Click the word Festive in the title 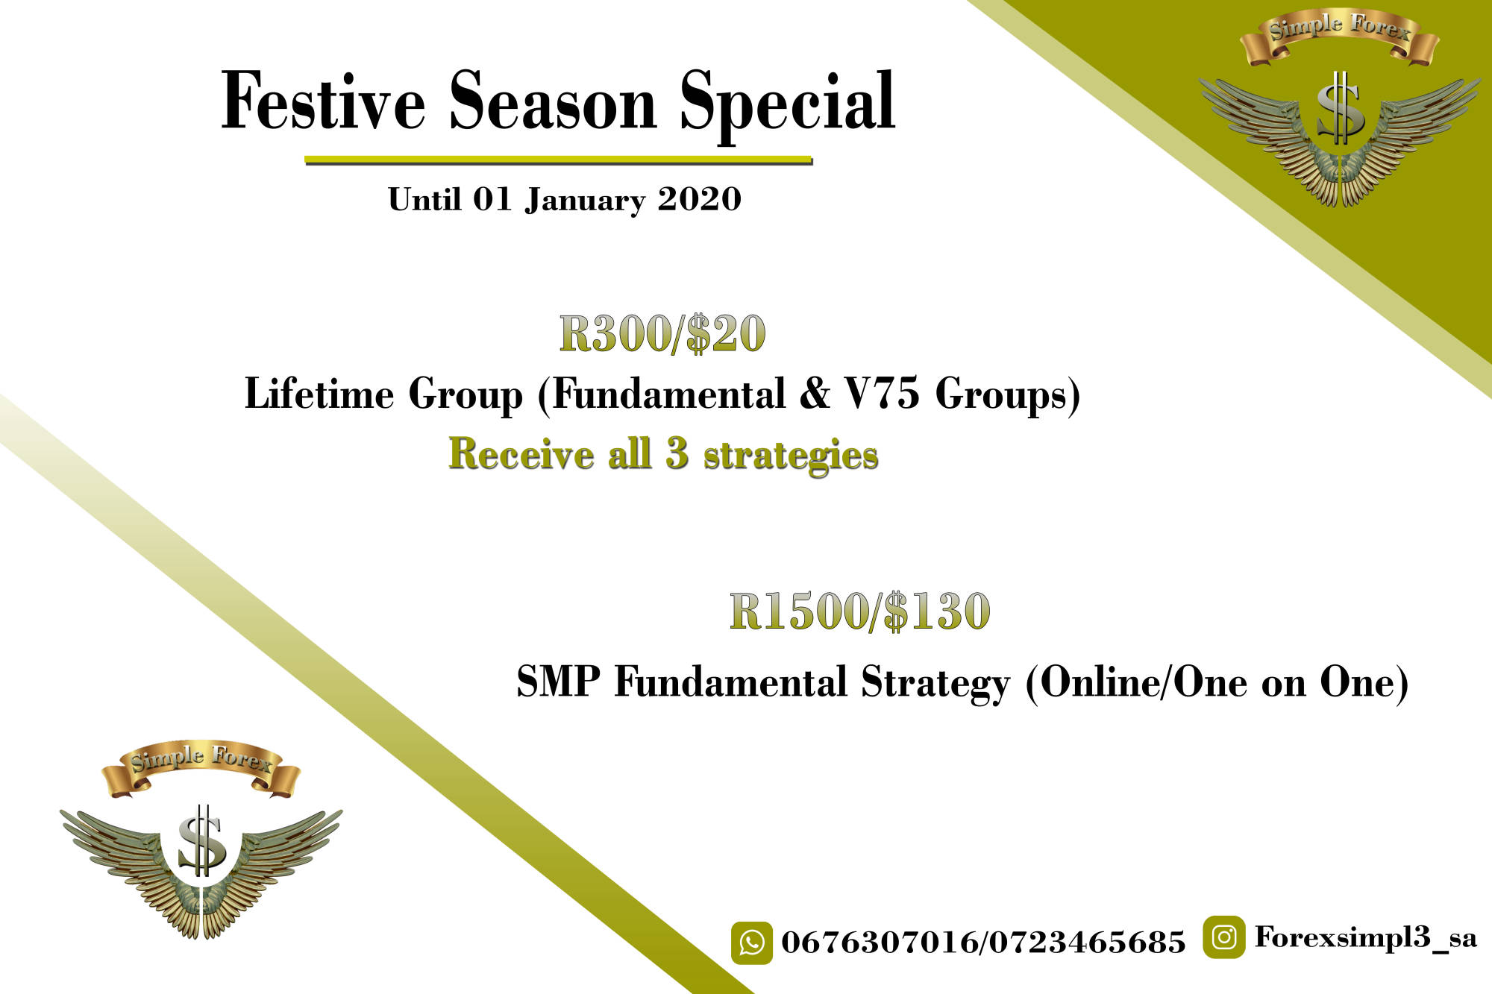click(323, 101)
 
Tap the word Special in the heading click(787, 104)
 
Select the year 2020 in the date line click(699, 199)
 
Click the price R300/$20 click(662, 333)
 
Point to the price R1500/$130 click(859, 612)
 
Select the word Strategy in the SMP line click(935, 684)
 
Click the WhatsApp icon click(751, 943)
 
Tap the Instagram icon click(1223, 937)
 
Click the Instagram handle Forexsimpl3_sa click(1366, 937)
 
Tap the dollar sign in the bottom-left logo click(201, 841)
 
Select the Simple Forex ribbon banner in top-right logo click(1340, 36)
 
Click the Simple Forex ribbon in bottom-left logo click(201, 767)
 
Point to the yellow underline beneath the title click(558, 160)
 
